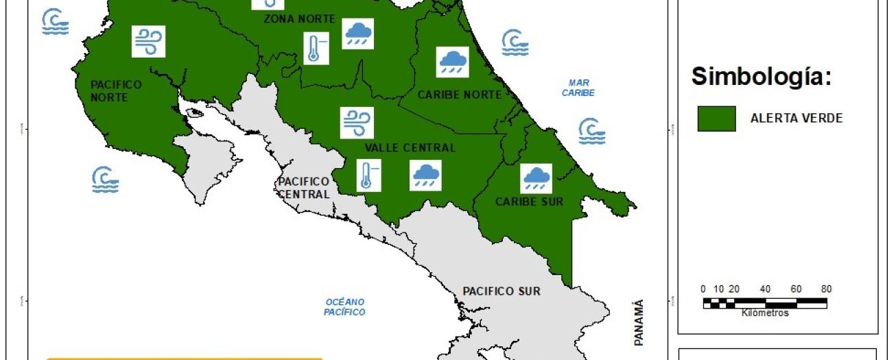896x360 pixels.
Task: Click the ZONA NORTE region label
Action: [x=299, y=19]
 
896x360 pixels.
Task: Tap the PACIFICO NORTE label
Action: [x=116, y=91]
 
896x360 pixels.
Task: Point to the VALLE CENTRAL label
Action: [x=410, y=147]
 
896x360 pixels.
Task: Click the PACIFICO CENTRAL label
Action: [x=303, y=187]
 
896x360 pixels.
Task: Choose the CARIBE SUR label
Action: [x=529, y=202]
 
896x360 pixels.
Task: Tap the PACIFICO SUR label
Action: [x=501, y=291]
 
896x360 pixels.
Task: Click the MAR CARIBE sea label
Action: [x=578, y=87]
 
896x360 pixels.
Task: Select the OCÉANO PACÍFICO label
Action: [x=344, y=307]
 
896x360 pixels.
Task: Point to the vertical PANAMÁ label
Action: [x=639, y=322]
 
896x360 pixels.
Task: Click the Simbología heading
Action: [x=761, y=77]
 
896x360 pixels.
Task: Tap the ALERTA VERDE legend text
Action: [x=797, y=118]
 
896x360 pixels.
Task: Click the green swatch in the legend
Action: [x=716, y=119]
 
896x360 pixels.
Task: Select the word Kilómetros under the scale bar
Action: [x=765, y=313]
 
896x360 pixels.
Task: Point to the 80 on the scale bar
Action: [x=826, y=289]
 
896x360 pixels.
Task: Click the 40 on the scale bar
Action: [x=765, y=289]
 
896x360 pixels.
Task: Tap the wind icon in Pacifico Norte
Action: [x=149, y=41]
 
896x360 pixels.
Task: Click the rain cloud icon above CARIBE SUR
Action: [x=536, y=178]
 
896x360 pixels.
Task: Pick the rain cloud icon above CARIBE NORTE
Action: [x=453, y=62]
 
